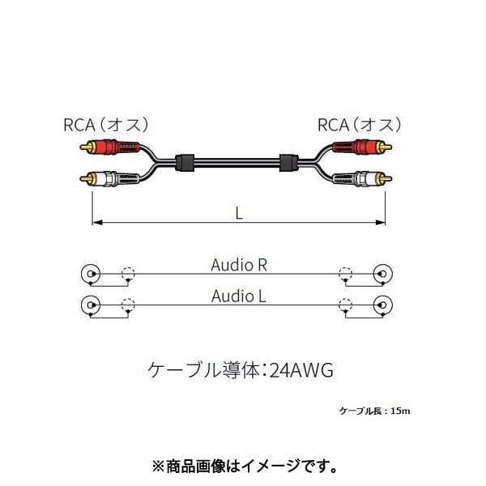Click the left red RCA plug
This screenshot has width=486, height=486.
click(x=110, y=147)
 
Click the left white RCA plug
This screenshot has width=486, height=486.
click(x=110, y=179)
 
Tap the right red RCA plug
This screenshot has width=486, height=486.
click(x=362, y=147)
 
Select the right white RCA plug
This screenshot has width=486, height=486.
click(x=362, y=179)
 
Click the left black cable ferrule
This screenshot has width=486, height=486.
click(x=185, y=163)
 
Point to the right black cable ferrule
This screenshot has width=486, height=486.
click(x=288, y=163)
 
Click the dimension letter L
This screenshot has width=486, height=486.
click(x=239, y=213)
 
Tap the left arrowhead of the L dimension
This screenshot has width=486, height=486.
click(x=97, y=222)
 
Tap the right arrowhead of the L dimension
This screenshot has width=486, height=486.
click(x=381, y=222)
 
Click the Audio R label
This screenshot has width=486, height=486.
click(x=239, y=266)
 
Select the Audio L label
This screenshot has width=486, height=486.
click(x=239, y=296)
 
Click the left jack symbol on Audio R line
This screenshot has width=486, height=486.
click(x=91, y=274)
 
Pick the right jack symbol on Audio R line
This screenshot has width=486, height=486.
click(x=383, y=274)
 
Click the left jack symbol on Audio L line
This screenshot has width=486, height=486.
click(x=91, y=305)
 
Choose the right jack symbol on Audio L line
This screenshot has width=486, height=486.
click(x=383, y=305)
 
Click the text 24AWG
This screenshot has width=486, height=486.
click(x=301, y=370)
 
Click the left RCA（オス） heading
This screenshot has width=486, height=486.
click(x=106, y=125)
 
